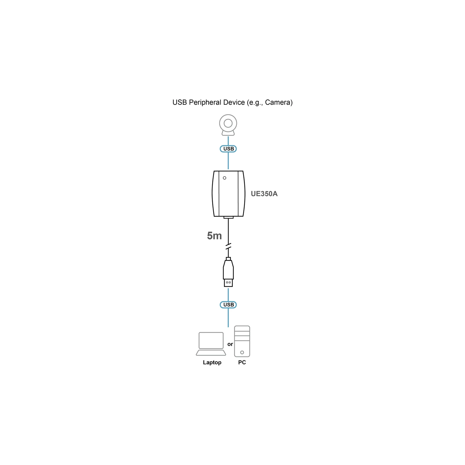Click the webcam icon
228,125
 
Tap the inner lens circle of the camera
228,123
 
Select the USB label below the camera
228,149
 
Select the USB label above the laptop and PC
228,305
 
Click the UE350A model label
264,194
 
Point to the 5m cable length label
214,236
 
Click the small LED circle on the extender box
224,178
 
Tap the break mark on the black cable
228,246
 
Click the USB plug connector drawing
228,272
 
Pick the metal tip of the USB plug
228,283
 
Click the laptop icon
211,344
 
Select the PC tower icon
242,341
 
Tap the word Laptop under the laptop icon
212,363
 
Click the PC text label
242,362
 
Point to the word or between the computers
230,344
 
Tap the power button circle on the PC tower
242,353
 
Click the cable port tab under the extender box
228,217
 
